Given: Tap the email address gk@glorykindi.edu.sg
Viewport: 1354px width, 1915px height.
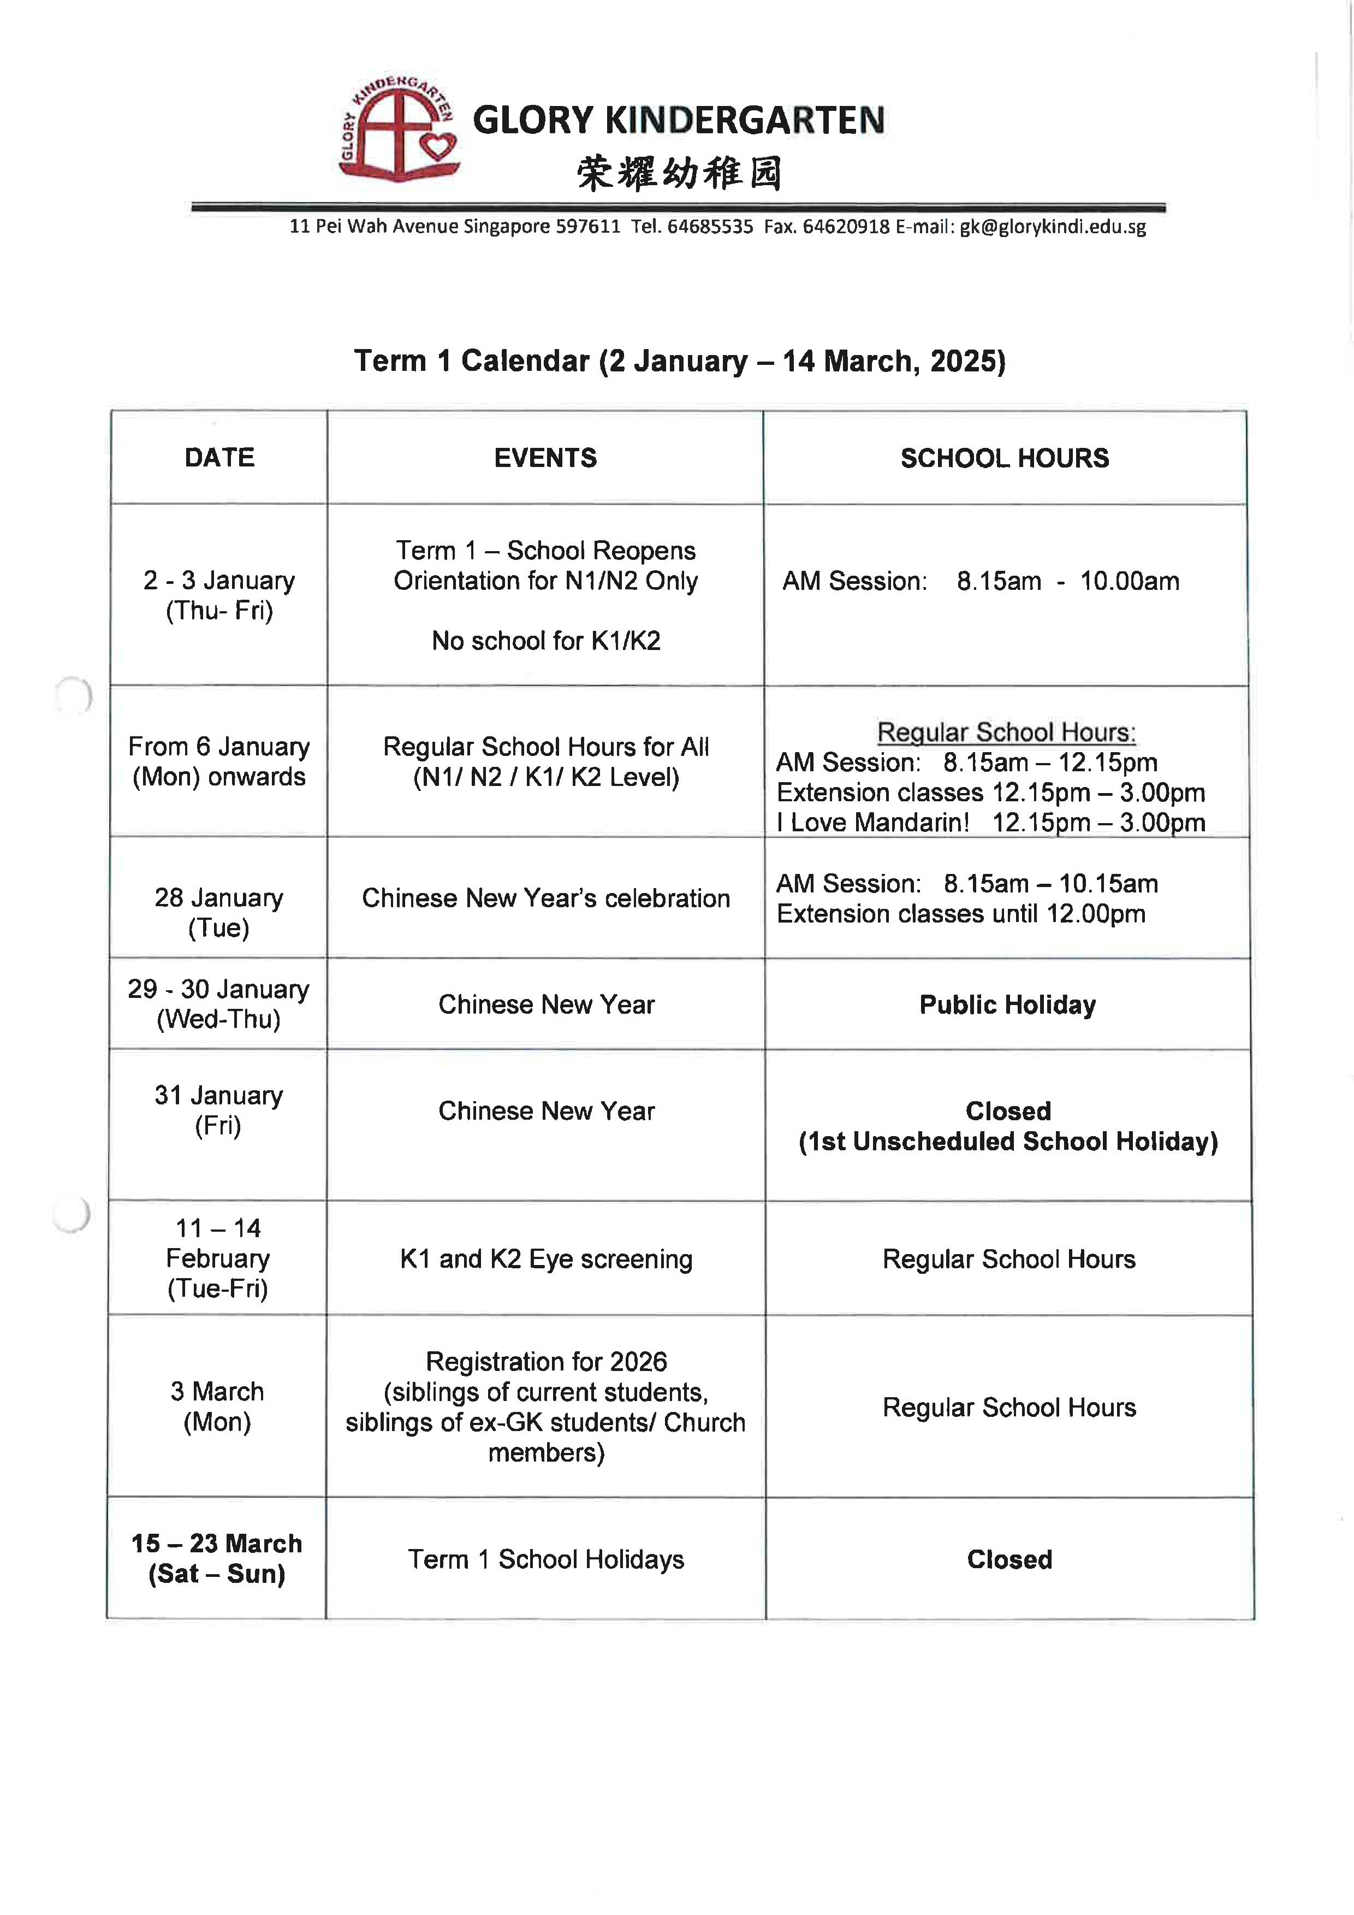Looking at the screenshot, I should click(x=1052, y=227).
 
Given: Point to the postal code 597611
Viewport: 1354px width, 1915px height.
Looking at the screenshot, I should click(x=588, y=227).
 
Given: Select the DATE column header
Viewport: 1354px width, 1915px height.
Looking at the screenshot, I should click(x=219, y=458).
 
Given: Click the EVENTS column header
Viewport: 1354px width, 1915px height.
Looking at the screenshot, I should click(x=545, y=458).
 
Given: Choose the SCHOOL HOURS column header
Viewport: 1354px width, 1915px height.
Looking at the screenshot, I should click(x=1005, y=458).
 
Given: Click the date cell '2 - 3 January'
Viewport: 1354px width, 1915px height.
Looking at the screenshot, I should click(x=219, y=581).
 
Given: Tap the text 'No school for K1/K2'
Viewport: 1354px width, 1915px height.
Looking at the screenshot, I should click(x=546, y=641).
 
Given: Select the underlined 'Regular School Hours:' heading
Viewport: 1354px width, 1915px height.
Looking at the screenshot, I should click(x=1006, y=732).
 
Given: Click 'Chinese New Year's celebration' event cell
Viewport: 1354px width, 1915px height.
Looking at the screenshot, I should click(x=546, y=899).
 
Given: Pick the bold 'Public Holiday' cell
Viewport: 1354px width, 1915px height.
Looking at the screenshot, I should click(x=1007, y=1005).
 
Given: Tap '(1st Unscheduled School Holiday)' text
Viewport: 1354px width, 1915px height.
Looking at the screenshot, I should click(x=1008, y=1142).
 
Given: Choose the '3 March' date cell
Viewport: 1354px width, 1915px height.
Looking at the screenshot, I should click(x=218, y=1392).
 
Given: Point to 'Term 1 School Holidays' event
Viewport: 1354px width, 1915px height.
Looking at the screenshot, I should click(x=546, y=1559).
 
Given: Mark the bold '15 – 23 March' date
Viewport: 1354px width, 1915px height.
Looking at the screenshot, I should click(x=217, y=1544).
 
